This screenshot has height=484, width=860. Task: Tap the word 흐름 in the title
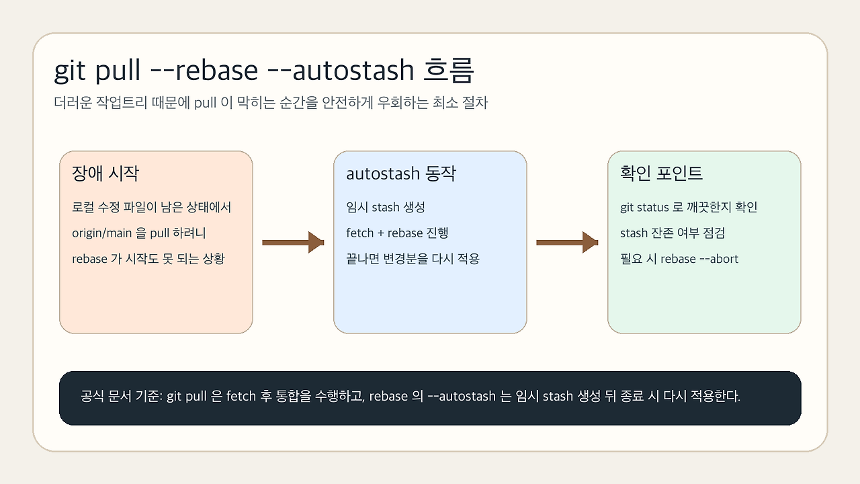pos(448,71)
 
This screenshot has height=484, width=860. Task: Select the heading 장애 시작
pos(105,173)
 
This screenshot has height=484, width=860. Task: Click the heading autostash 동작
pos(401,173)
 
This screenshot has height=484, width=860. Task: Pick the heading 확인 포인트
pos(661,173)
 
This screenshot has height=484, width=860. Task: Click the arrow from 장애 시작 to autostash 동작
pos(293,243)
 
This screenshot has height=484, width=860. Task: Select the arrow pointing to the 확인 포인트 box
pos(567,243)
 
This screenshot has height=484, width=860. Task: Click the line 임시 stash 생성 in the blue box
pos(386,207)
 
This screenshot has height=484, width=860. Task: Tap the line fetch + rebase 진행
pos(397,233)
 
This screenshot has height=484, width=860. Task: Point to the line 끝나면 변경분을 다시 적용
pos(413,259)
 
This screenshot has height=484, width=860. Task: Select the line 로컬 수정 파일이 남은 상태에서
pos(151,207)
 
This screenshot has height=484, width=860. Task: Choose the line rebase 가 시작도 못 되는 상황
pos(148,259)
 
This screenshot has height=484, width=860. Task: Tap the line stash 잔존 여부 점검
pos(673,233)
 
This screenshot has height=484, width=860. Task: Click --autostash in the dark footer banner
pos(462,396)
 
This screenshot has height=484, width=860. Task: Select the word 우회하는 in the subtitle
pos(402,103)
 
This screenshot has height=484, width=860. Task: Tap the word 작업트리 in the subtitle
pos(122,103)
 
